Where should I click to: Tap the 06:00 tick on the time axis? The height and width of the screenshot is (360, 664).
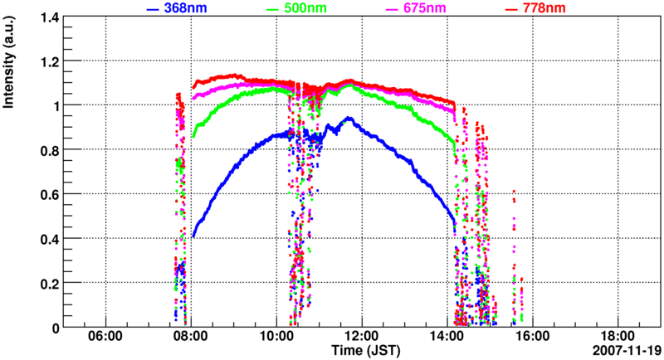105,336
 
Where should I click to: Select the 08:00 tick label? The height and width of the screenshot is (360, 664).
191,336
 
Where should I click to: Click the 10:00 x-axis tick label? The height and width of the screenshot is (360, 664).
276,336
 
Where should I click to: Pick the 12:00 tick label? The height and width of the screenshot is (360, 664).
362,336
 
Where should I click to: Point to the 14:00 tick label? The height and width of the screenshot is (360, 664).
447,336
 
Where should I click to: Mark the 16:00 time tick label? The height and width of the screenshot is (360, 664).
533,336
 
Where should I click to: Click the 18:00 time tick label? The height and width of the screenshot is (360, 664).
618,336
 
